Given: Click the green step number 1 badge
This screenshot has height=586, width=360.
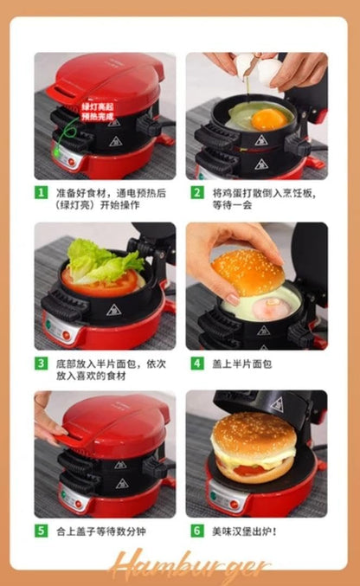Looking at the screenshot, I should (41, 192).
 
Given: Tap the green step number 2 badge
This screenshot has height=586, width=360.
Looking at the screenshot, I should (197, 192).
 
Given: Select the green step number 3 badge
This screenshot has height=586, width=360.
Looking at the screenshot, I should (41, 363).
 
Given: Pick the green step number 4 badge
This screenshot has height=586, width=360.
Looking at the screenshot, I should (197, 363).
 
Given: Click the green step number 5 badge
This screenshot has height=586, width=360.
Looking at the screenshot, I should (41, 531).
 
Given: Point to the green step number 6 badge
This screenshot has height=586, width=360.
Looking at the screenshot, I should (197, 531).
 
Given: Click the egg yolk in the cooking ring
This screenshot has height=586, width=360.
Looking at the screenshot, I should (268, 119).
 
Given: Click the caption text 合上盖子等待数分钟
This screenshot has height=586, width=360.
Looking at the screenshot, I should (98, 531).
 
